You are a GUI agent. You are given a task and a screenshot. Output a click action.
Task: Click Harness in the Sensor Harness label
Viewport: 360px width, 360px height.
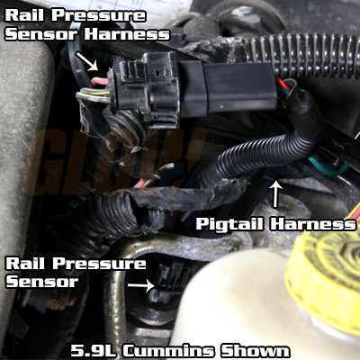pyautogui.click(x=126, y=34)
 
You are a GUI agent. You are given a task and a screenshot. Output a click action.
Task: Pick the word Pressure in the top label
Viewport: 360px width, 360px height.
pyautogui.click(x=100, y=13)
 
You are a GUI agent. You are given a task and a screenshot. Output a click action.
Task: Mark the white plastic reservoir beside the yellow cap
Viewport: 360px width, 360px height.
pyautogui.click(x=234, y=310)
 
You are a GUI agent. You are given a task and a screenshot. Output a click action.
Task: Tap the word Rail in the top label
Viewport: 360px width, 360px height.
pyautogui.click(x=28, y=13)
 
